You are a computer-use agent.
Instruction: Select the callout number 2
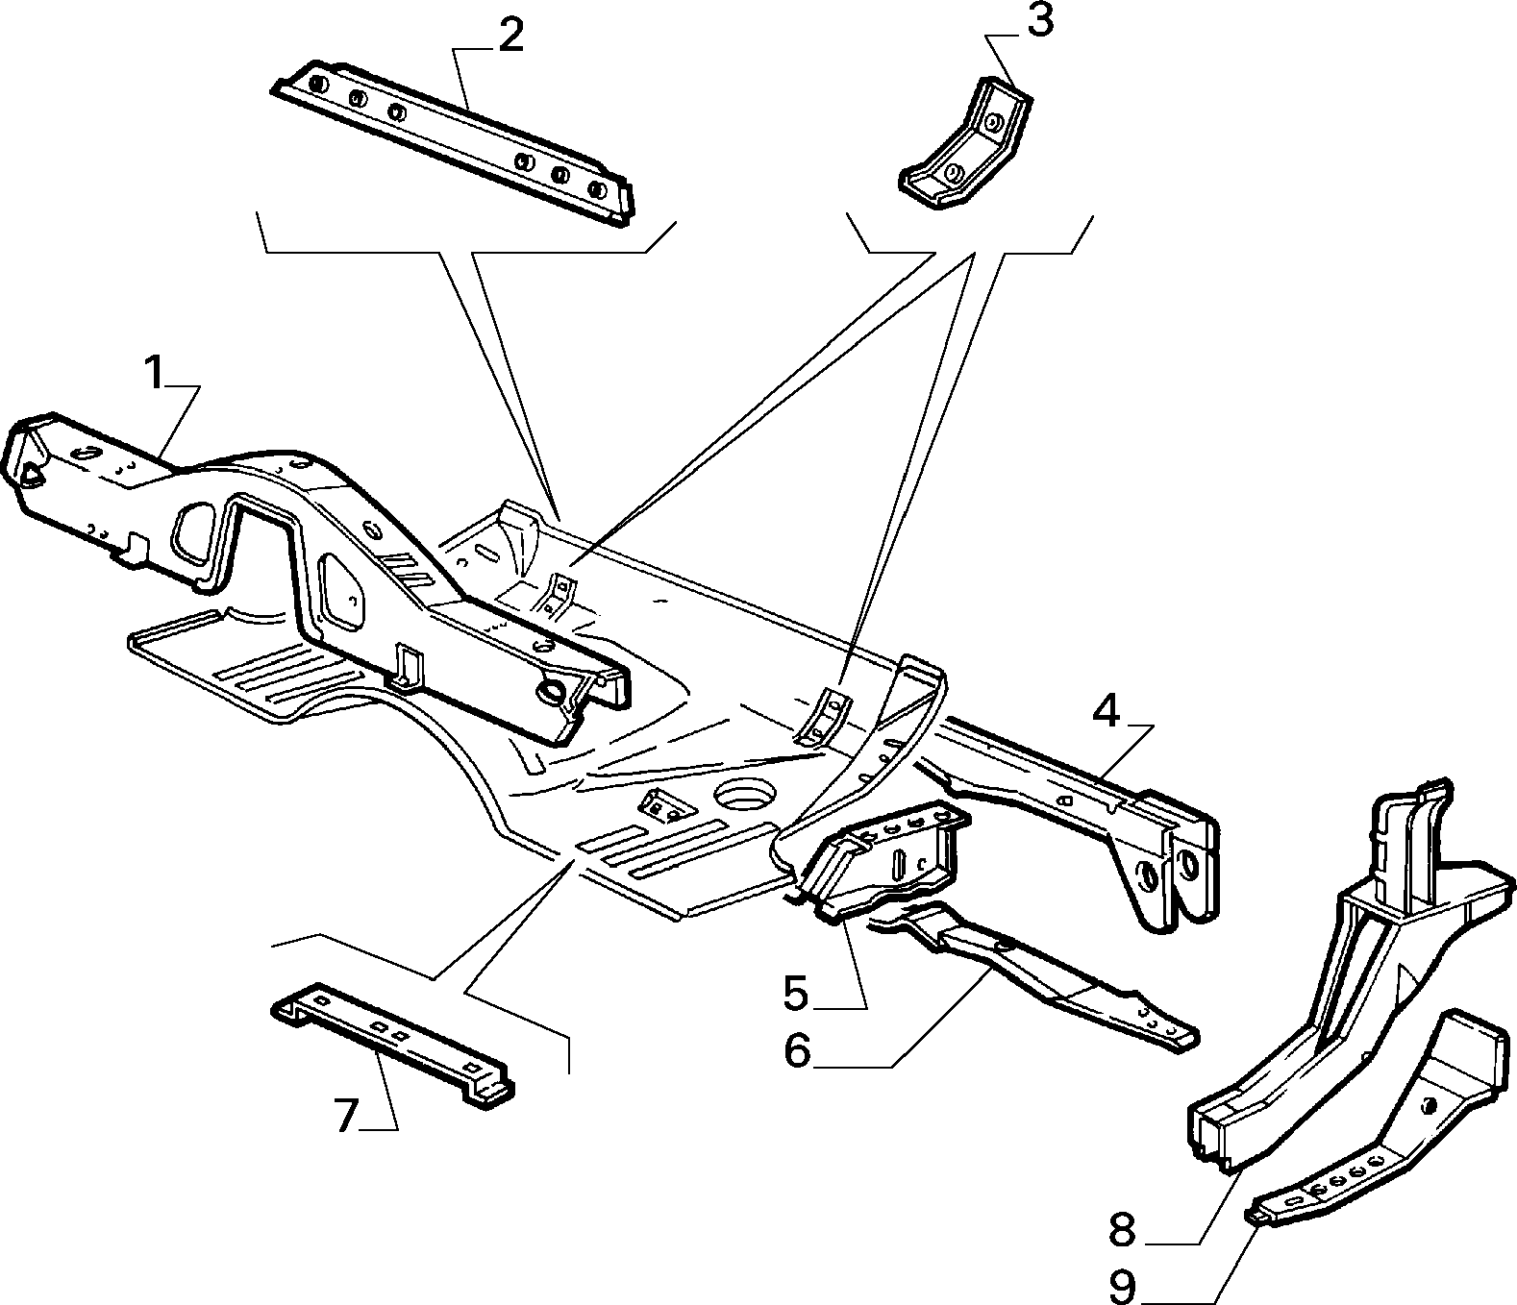click(x=510, y=37)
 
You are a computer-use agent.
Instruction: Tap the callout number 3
click(x=1040, y=21)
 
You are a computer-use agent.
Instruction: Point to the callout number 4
click(x=1106, y=711)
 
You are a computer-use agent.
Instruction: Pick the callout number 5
click(x=796, y=994)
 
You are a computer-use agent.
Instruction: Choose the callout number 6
click(x=797, y=1051)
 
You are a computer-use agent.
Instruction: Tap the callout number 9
click(x=1123, y=1286)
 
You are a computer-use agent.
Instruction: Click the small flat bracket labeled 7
click(x=393, y=1044)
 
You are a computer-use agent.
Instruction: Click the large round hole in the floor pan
click(x=744, y=795)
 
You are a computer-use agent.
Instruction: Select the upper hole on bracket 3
click(x=993, y=122)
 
